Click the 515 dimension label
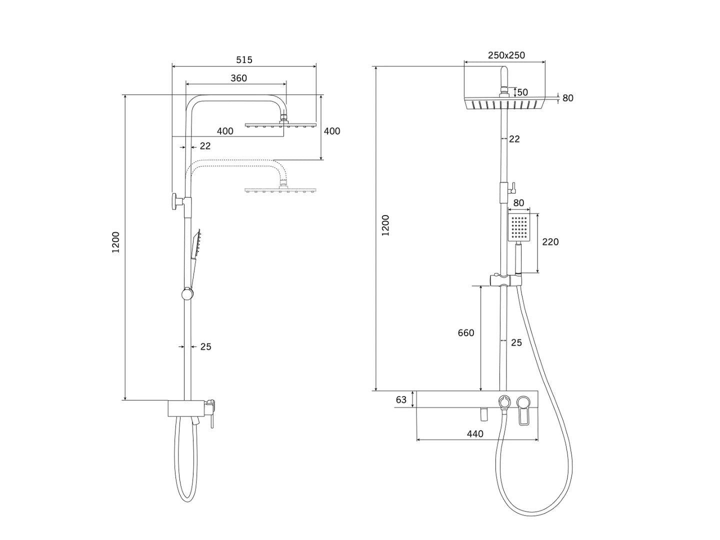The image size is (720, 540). (x=244, y=59)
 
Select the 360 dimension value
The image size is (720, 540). (x=238, y=78)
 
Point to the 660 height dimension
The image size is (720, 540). (x=466, y=333)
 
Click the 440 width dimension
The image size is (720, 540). (x=475, y=434)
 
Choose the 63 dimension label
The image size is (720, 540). (x=401, y=399)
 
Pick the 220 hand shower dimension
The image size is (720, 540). (x=550, y=241)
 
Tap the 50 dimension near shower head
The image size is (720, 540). (x=522, y=92)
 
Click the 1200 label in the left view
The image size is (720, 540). (x=116, y=242)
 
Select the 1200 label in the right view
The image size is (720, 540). (x=385, y=225)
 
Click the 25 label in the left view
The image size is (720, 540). (x=205, y=346)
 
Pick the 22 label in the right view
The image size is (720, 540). (x=514, y=139)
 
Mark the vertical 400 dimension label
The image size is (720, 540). (x=332, y=131)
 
